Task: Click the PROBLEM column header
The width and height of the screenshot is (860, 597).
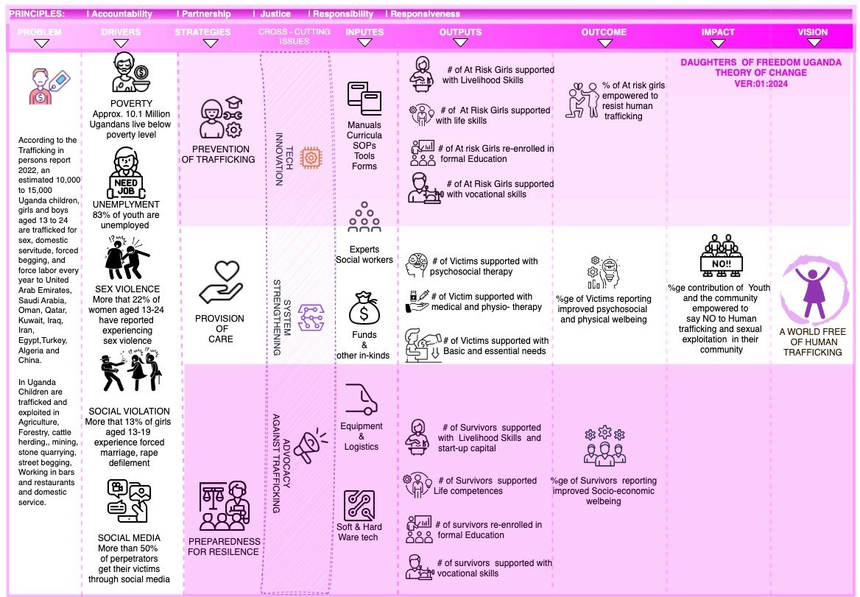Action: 39,32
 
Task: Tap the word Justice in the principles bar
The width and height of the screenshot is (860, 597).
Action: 275,14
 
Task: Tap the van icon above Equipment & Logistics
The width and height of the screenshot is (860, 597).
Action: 361,400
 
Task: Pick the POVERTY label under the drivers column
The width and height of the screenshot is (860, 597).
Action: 131,104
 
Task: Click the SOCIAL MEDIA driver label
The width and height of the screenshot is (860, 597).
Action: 129,538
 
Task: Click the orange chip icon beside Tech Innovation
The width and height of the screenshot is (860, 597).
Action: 311,157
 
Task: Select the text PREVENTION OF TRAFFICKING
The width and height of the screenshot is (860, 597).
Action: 218,154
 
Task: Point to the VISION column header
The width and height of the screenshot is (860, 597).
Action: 812,32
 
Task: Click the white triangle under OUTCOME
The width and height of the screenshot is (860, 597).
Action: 605,43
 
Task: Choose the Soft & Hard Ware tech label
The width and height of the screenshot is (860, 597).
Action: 359,532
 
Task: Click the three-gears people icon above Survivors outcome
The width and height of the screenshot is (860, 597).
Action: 604,445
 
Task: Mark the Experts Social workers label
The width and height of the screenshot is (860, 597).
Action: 364,255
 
